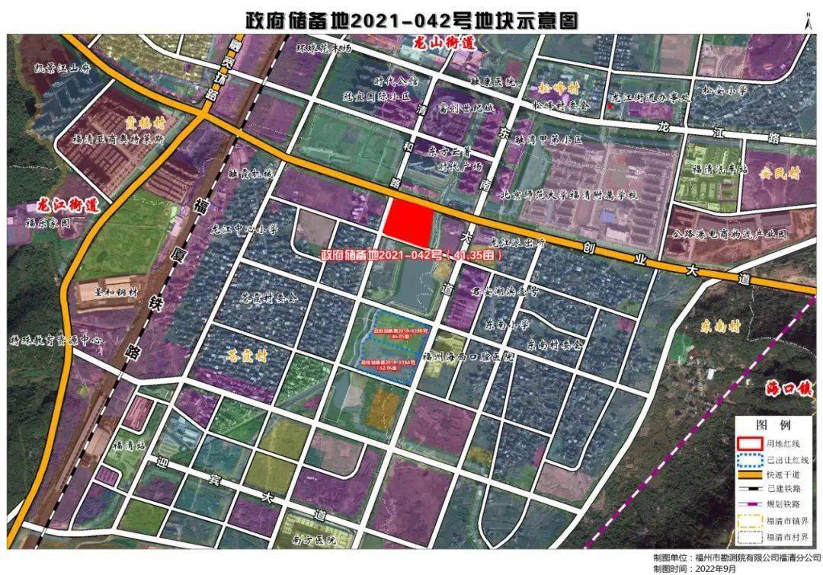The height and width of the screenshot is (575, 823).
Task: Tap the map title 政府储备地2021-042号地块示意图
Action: point(411,18)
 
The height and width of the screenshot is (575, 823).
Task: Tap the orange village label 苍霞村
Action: point(248,355)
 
